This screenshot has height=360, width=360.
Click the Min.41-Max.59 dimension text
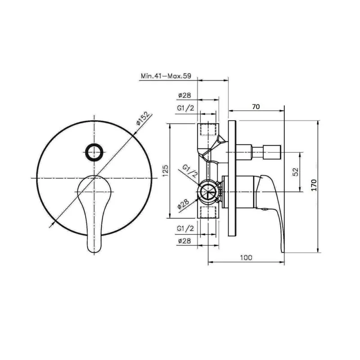pos(166,76)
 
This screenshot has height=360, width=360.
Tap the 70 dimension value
pos(256,107)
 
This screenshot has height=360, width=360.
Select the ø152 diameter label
pos(142,118)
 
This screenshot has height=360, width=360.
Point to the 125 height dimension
pos(166,171)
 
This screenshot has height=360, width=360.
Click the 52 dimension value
pos(296,171)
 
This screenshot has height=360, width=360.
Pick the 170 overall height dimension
pos(314,185)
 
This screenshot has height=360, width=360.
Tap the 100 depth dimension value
pos(246,257)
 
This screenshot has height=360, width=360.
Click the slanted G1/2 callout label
pos(190,171)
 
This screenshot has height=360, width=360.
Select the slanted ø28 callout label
pos(184,204)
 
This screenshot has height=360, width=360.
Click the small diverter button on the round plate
pos(94,152)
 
